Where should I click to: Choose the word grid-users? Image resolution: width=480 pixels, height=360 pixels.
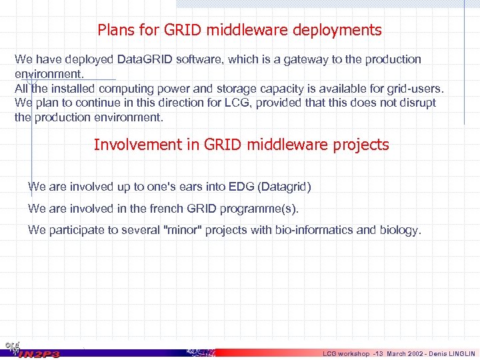tap(415, 89)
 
